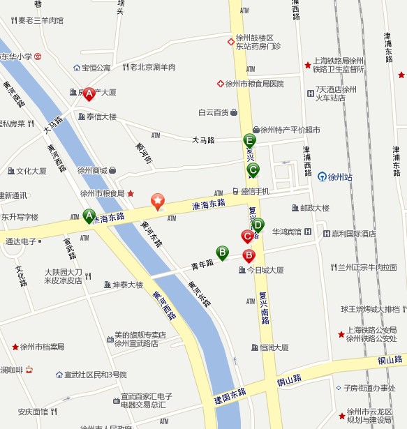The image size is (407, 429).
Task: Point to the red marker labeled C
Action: [x=247, y=236]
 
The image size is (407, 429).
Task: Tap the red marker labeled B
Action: [x=248, y=255]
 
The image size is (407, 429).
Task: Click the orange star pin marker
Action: [x=158, y=202]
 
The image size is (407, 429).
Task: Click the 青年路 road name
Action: [x=202, y=264]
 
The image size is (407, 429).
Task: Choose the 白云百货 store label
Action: [x=213, y=112]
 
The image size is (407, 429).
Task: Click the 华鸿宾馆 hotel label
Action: [x=286, y=232]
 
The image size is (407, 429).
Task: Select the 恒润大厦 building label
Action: [x=274, y=347]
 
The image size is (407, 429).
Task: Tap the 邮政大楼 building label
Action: [x=310, y=208]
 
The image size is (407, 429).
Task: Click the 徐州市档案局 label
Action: [x=42, y=347]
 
